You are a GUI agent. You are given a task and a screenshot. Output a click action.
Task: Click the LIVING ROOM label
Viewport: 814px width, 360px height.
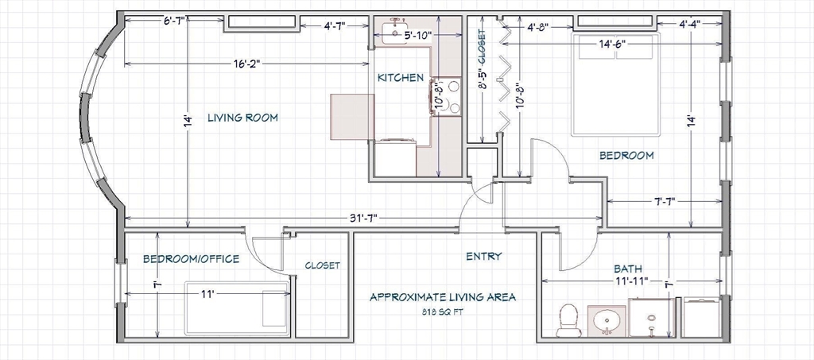pos(242,118)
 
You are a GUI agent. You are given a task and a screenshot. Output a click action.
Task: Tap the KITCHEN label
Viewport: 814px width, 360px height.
pos(401,78)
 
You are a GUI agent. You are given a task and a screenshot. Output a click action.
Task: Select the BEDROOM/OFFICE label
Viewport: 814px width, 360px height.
pos(191,258)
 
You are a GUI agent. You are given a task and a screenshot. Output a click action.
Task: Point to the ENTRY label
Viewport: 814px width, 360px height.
pos(484,256)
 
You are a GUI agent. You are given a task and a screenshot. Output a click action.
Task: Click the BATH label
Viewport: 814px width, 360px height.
pos(628,269)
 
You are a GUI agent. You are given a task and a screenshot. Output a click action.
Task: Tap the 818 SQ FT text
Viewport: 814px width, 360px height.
pos(442,312)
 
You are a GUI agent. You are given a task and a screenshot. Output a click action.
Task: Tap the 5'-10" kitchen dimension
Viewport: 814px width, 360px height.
pos(417,35)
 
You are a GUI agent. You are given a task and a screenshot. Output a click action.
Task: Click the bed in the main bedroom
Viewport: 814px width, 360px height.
pos(616,84)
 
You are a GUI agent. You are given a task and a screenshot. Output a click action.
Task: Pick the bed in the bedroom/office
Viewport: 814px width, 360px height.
pos(237,308)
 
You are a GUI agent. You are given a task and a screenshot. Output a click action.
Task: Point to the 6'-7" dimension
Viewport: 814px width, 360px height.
pos(174,20)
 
